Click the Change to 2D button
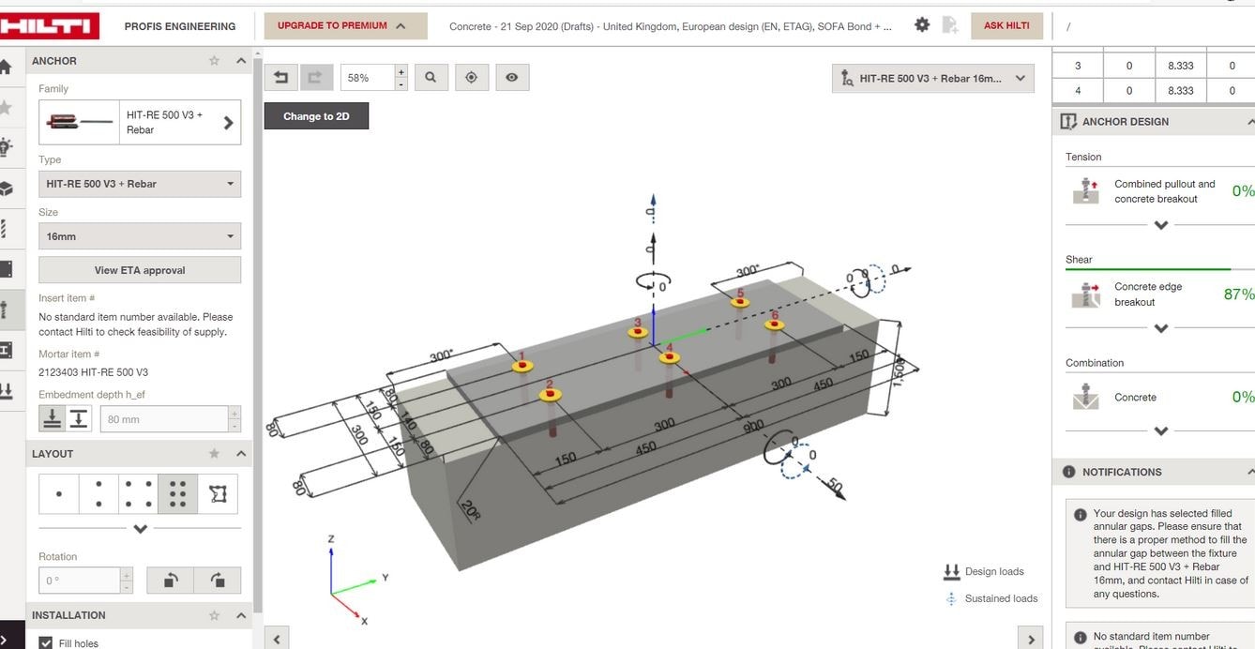point(316,116)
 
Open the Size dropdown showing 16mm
point(139,236)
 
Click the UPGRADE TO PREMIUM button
point(345,26)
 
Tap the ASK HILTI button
point(1006,26)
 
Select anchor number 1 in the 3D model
point(522,365)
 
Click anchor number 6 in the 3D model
point(774,324)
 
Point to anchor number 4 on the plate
point(669,357)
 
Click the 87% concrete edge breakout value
point(1238,294)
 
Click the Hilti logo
point(49,25)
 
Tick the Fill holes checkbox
point(45,642)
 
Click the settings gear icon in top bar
point(922,25)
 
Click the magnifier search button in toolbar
point(431,78)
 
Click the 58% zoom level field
point(367,78)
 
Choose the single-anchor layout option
point(59,494)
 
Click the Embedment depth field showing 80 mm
point(163,419)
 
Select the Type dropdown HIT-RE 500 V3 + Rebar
point(139,184)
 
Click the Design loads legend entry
point(993,571)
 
